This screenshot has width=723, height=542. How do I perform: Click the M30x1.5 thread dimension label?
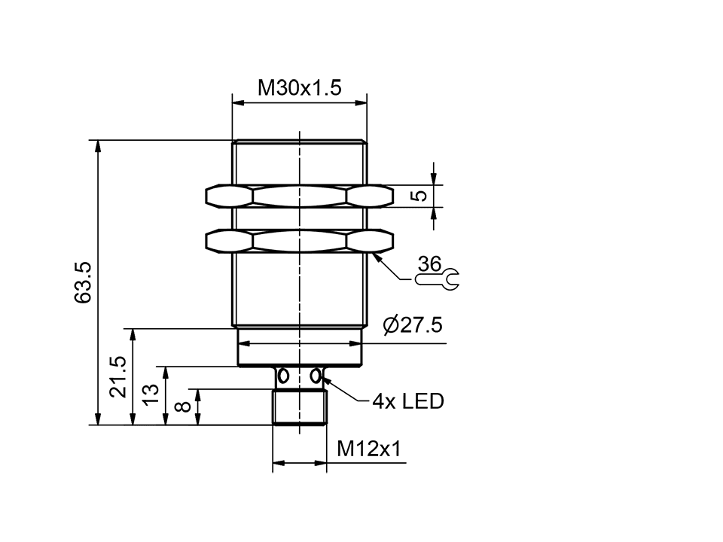coord(300,88)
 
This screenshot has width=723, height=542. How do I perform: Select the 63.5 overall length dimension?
coord(84,282)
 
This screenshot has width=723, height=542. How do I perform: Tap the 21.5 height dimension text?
coord(118,377)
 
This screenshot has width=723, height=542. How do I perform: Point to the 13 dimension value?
coord(151,395)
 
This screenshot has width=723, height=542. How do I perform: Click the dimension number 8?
coord(183,407)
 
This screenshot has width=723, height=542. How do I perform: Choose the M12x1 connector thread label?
coord(369,449)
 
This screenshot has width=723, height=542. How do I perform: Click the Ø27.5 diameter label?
coord(412,326)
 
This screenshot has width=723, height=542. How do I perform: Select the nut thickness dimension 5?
coord(422,195)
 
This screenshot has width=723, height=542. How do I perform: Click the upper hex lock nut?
coord(300,196)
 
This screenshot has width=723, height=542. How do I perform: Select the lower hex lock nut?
coord(300,240)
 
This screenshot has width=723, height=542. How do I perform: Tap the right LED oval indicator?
coord(317,375)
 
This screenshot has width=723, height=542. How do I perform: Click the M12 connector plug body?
coord(300,407)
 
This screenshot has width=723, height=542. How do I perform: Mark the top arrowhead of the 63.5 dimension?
coord(97,145)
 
